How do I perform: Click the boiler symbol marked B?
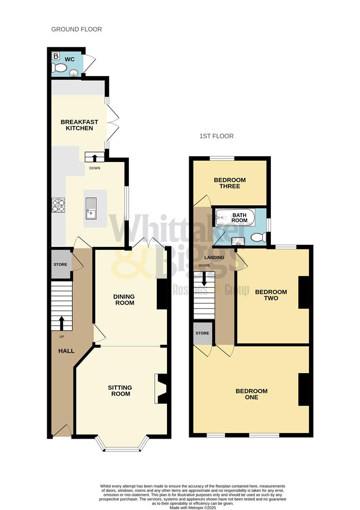[x=56, y=56]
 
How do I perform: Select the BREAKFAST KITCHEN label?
[x=79, y=125]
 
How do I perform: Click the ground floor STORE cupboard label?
[x=60, y=264]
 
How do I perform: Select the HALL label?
[x=66, y=351]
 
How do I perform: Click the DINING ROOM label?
[x=124, y=299]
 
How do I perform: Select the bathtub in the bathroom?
[x=235, y=218]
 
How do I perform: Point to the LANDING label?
[x=214, y=257]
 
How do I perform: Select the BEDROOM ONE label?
[x=251, y=394]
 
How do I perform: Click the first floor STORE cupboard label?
[x=202, y=333]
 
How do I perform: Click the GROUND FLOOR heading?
[x=76, y=29]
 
